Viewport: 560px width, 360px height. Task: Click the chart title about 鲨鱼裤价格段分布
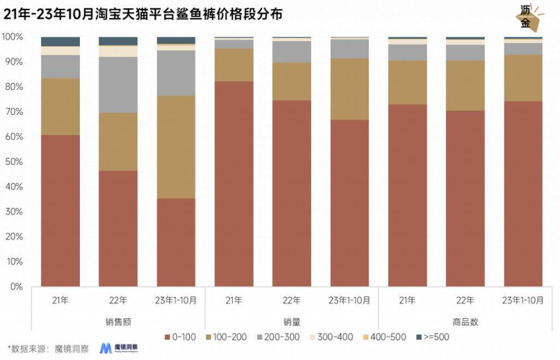(x=143, y=15)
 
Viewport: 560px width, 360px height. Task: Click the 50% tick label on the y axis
(x=14, y=162)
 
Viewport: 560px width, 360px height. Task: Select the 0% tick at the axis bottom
(x=16, y=287)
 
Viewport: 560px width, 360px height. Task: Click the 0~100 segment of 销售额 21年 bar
(x=61, y=211)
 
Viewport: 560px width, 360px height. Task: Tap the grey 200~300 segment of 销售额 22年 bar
(x=118, y=85)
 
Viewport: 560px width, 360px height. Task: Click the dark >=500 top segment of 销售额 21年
(x=61, y=42)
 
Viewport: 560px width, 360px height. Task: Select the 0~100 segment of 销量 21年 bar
(x=234, y=184)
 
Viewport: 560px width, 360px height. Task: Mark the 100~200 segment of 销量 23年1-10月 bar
(x=349, y=89)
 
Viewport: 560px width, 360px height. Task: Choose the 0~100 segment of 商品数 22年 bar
(x=465, y=198)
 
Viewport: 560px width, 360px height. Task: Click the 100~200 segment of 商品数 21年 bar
(x=407, y=82)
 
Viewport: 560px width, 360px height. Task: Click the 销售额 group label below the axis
(x=118, y=322)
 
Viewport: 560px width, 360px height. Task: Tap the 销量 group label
(x=291, y=322)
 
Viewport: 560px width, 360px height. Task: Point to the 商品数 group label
(x=465, y=322)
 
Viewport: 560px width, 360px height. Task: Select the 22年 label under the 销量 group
(x=291, y=300)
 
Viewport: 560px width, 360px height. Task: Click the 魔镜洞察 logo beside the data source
(x=119, y=349)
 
